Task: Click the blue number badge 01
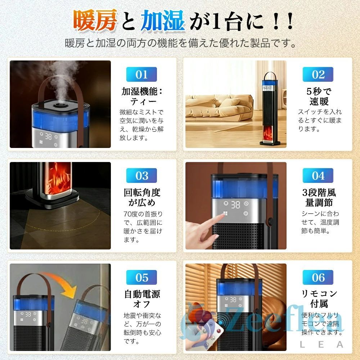(141, 75)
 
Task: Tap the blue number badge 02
(318, 75)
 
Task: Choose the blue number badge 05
(141, 278)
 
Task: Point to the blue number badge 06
(318, 278)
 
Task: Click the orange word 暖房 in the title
(95, 21)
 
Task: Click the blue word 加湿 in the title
(163, 21)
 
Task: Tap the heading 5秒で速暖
(319, 96)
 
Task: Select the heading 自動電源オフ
(142, 299)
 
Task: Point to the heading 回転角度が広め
(142, 197)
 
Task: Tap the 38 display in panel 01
(49, 137)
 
